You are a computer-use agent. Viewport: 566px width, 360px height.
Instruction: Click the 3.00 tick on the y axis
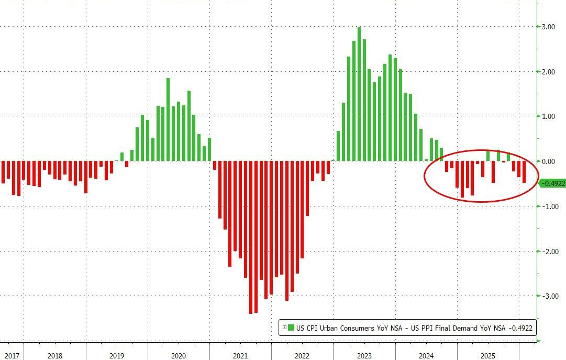[x=548, y=27]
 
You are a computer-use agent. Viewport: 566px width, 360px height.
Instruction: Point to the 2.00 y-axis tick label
[x=548, y=72]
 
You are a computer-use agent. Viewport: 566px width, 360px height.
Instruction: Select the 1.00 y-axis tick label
[x=548, y=116]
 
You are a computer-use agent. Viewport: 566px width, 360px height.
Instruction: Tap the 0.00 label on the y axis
[x=548, y=161]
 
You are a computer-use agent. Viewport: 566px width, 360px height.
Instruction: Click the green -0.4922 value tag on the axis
[x=552, y=183]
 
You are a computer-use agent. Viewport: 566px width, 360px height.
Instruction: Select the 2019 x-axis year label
[x=116, y=356]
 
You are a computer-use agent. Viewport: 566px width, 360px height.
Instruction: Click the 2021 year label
[x=240, y=356]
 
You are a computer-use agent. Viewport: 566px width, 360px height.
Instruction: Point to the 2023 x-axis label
[x=364, y=356]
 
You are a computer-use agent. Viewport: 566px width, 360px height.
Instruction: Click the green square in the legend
[x=291, y=328]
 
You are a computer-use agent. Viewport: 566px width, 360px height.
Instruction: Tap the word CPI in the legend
[x=314, y=328]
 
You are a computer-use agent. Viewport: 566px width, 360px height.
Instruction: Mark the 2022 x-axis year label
[x=302, y=356]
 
